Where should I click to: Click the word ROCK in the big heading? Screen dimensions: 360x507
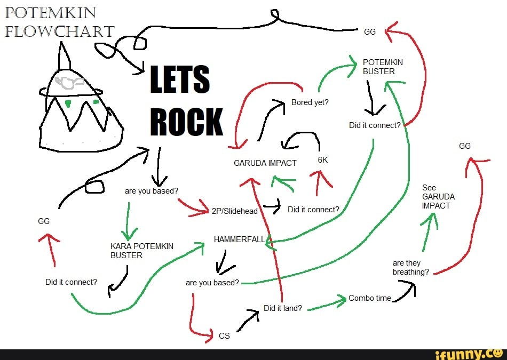[186, 122]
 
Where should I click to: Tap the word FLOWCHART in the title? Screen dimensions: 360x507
[59, 31]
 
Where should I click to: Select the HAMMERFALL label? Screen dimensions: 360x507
[239, 239]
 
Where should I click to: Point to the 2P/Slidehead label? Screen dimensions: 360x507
[235, 211]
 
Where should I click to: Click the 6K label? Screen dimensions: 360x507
[322, 159]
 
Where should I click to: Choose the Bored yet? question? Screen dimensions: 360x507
[310, 102]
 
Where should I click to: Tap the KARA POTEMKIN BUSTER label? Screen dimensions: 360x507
[141, 251]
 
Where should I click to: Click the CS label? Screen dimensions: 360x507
[224, 336]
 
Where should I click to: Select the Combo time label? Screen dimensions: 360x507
[370, 298]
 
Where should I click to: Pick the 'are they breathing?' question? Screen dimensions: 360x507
[410, 267]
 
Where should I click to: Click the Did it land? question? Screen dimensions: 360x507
[283, 308]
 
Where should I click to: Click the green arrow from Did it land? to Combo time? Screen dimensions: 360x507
[327, 304]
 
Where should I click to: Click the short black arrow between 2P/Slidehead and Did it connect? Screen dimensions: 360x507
[272, 207]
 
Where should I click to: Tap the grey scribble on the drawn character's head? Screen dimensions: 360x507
[70, 82]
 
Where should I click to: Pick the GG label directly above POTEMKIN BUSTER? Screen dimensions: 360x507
[370, 31]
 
